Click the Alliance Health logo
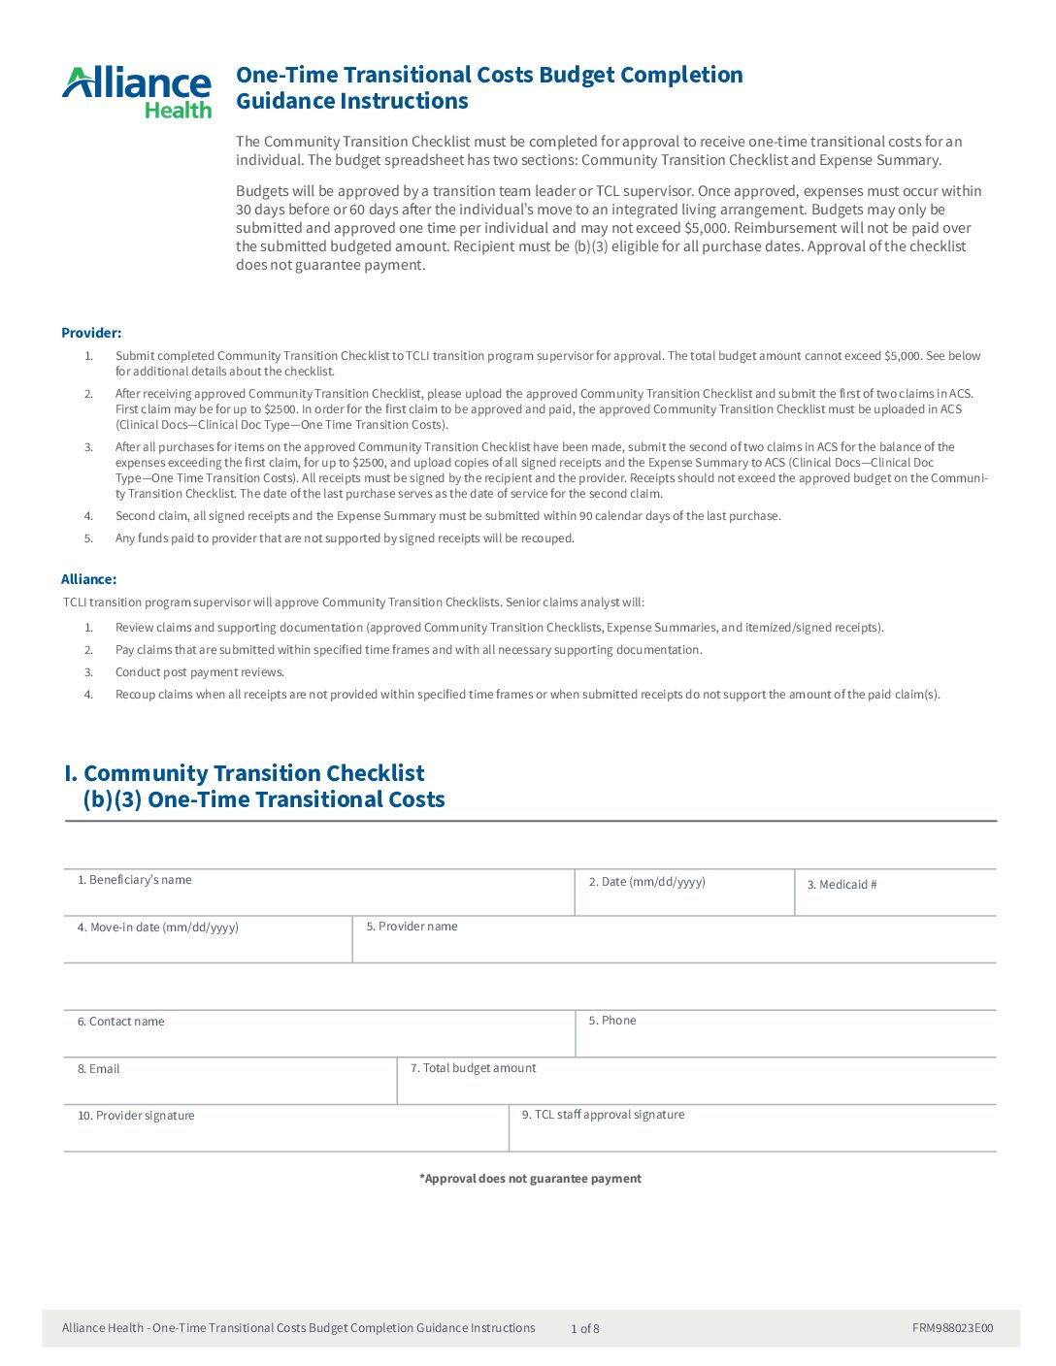137,92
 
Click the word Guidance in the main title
282,101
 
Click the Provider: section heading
91,333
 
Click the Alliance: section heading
88,579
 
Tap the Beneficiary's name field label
135,880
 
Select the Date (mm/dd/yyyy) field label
646,882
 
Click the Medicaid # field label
841,885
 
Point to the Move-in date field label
157,927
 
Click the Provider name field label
412,927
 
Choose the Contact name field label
121,1022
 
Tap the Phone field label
612,1021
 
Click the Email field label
99,1069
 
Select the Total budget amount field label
473,1068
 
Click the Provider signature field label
136,1116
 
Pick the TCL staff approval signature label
603,1115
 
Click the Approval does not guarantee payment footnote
530,1179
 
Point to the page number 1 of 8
584,1329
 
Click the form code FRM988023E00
952,1328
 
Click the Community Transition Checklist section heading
253,773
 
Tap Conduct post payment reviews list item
199,672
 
